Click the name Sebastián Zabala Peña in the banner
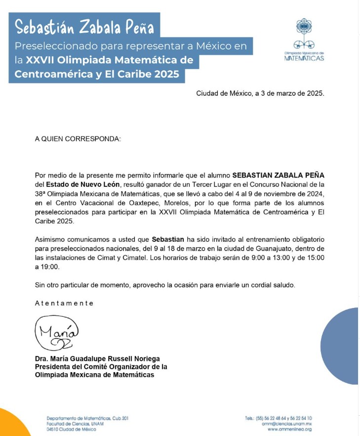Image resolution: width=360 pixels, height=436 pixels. (84, 26)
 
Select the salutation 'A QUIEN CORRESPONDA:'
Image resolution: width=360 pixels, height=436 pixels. (78, 139)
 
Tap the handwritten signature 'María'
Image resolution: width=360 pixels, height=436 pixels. (56, 333)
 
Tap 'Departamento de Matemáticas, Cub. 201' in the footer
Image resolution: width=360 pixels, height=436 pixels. (87, 418)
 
